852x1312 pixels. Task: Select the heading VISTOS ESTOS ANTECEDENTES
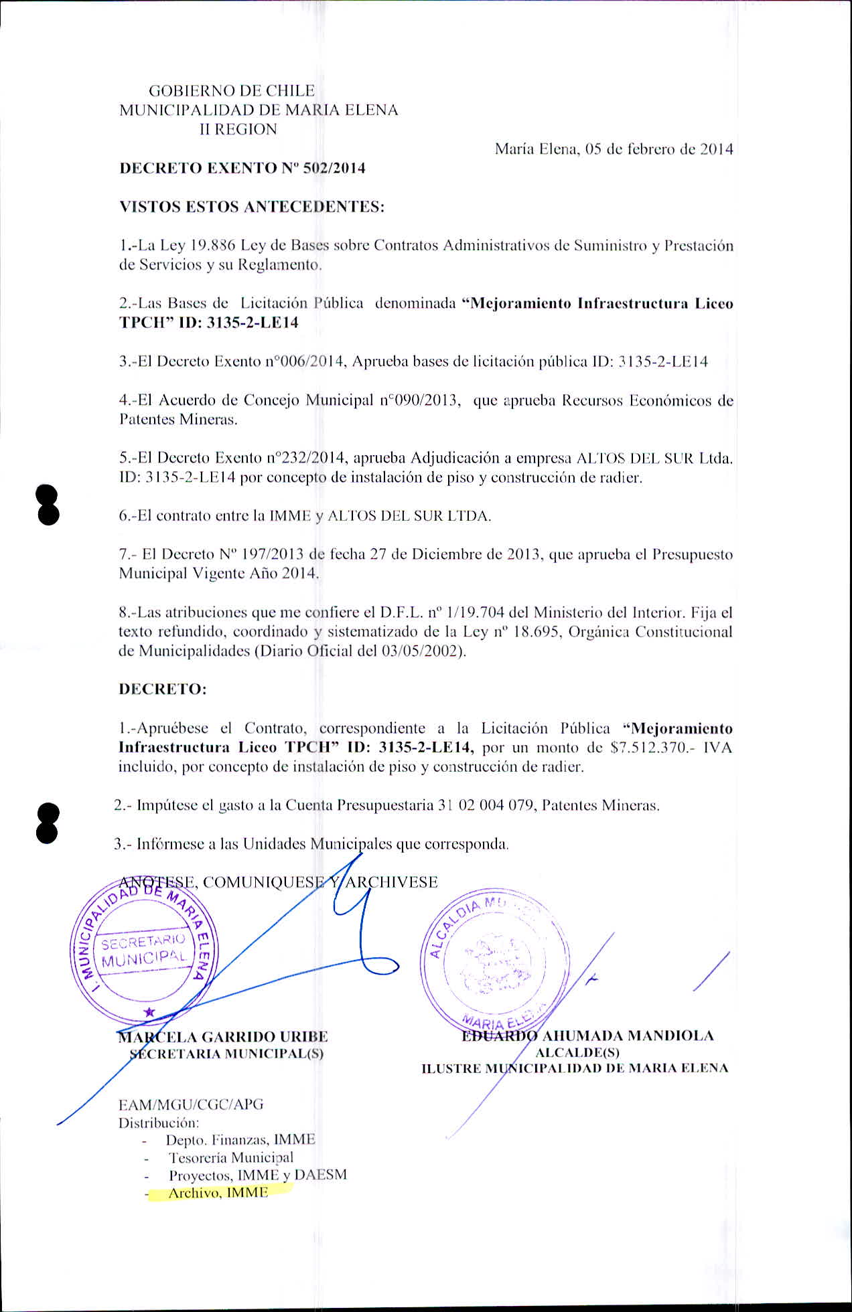(252, 207)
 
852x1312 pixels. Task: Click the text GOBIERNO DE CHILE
(231, 91)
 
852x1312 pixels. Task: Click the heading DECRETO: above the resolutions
(163, 689)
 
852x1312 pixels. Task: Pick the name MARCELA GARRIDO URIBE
(223, 1037)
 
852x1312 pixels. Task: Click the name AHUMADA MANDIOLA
(627, 1036)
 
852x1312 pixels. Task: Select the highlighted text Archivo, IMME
(218, 1193)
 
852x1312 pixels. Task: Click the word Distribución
(159, 1123)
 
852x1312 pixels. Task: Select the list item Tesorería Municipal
(231, 1157)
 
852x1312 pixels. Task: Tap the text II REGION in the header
(238, 129)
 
